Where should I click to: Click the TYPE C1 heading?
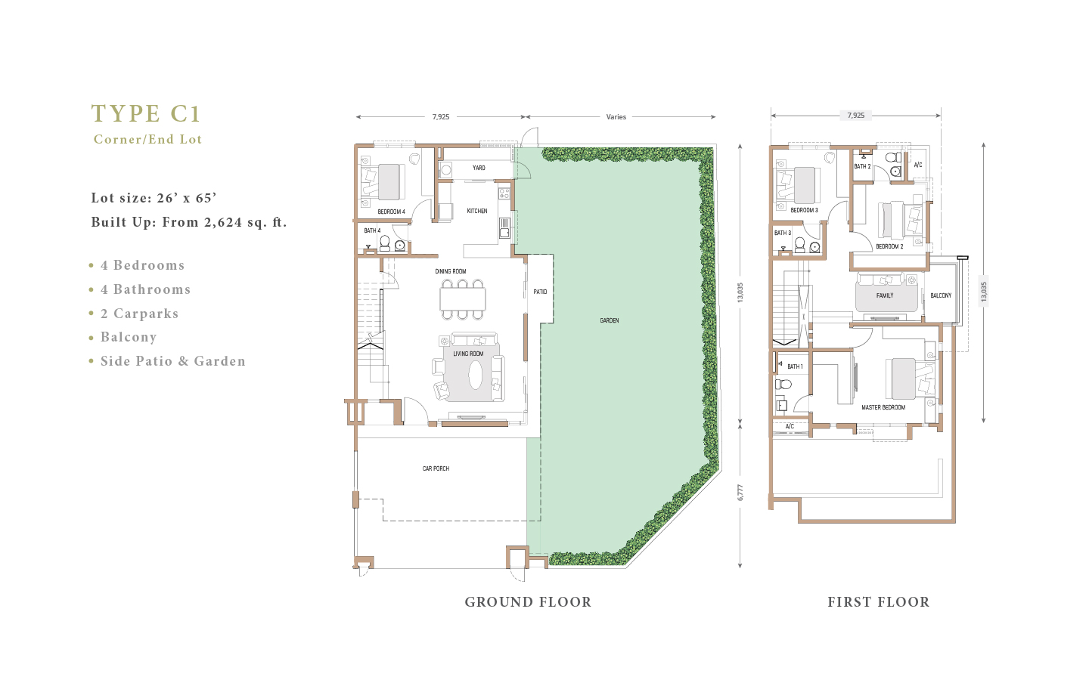[x=146, y=113]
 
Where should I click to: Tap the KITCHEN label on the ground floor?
[x=477, y=211]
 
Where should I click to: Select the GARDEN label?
[x=610, y=320]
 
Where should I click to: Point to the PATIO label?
[x=540, y=292]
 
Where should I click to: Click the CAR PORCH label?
[x=436, y=468]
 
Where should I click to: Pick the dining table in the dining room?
[x=463, y=299]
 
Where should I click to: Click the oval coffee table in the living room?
[x=476, y=375]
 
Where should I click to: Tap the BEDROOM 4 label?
[x=392, y=212]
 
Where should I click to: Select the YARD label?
[x=479, y=168]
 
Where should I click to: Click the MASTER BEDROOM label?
[x=883, y=407]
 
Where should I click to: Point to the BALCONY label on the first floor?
[x=941, y=295]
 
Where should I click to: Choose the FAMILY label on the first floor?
[x=885, y=295]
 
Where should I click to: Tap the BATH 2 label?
[x=862, y=166]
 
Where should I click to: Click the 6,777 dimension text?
[x=740, y=493]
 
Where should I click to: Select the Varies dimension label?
[x=616, y=116]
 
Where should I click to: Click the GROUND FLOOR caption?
[x=528, y=602]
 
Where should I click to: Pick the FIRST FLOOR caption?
[x=879, y=602]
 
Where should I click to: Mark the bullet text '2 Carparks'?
[x=139, y=314]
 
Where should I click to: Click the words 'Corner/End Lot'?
[x=147, y=139]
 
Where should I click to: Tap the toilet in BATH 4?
[x=384, y=243]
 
